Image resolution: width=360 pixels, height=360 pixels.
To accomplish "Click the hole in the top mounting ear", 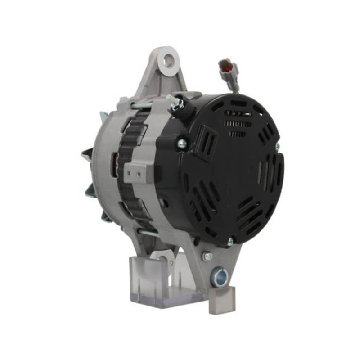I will pyautogui.click(x=169, y=60).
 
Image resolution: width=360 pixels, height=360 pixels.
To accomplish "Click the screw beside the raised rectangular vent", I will pyautogui.click(x=182, y=144).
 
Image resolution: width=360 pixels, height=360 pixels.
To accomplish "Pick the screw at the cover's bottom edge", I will pyautogui.click(x=230, y=242).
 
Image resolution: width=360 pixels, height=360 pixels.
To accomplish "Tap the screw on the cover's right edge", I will pyautogui.click(x=277, y=146).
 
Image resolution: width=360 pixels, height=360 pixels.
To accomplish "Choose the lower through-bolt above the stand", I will pyautogui.click(x=148, y=233).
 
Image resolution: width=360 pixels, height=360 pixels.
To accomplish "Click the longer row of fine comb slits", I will pyautogui.click(x=238, y=124).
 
